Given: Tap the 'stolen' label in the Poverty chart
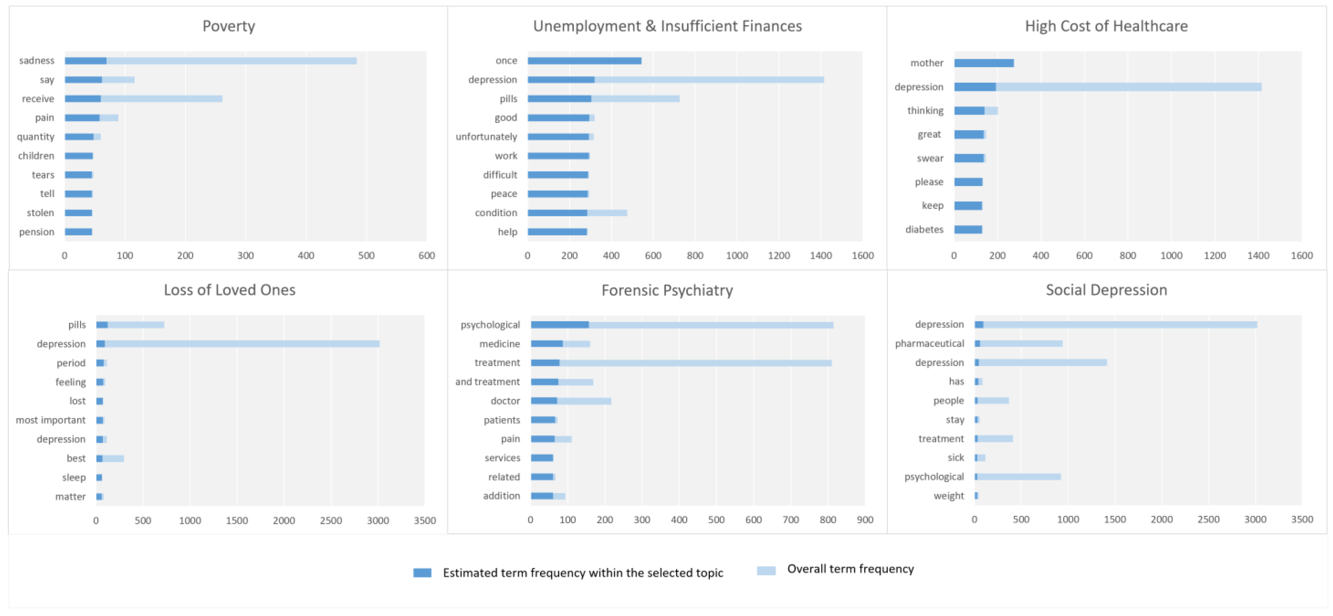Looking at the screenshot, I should [x=40, y=213].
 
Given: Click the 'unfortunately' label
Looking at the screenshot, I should [x=486, y=137].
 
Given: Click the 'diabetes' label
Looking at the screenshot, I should [x=924, y=229].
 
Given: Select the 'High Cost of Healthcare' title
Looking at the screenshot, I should [x=1106, y=26].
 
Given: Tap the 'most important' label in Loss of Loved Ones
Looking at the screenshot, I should [x=51, y=420].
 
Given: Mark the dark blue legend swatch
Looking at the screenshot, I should [x=422, y=572].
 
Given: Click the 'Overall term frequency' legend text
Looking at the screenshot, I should [x=850, y=569].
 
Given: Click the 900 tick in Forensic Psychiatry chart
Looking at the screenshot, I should [x=865, y=520].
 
